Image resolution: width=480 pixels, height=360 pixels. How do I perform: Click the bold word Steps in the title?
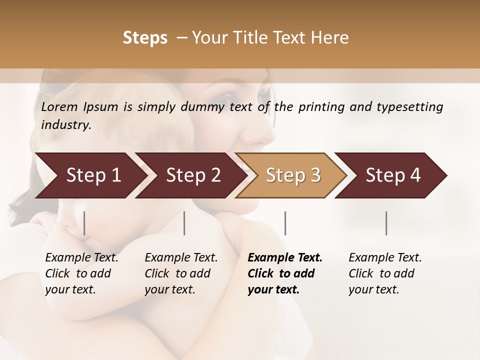click(x=145, y=38)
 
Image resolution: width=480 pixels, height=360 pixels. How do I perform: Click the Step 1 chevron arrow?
click(x=90, y=175)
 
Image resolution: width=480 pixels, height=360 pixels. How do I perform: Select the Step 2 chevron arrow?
click(x=190, y=175)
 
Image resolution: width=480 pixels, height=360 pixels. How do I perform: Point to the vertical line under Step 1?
click(x=84, y=223)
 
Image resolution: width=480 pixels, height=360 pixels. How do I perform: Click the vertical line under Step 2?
click(x=184, y=223)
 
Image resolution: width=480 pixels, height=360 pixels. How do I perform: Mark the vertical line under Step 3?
click(x=285, y=223)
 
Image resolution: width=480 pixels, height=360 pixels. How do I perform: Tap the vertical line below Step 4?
click(x=386, y=223)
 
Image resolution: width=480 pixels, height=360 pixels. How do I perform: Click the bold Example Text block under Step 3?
click(x=285, y=273)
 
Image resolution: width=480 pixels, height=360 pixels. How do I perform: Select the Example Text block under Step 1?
click(x=81, y=273)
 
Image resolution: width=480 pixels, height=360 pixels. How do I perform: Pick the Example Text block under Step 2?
click(x=181, y=273)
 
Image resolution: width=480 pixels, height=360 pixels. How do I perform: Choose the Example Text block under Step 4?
click(x=385, y=273)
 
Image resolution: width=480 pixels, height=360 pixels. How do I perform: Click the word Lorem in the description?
click(x=59, y=107)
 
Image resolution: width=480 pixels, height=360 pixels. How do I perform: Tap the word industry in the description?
click(x=65, y=124)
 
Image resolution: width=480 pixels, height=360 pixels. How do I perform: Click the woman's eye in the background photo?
click(x=226, y=96)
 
